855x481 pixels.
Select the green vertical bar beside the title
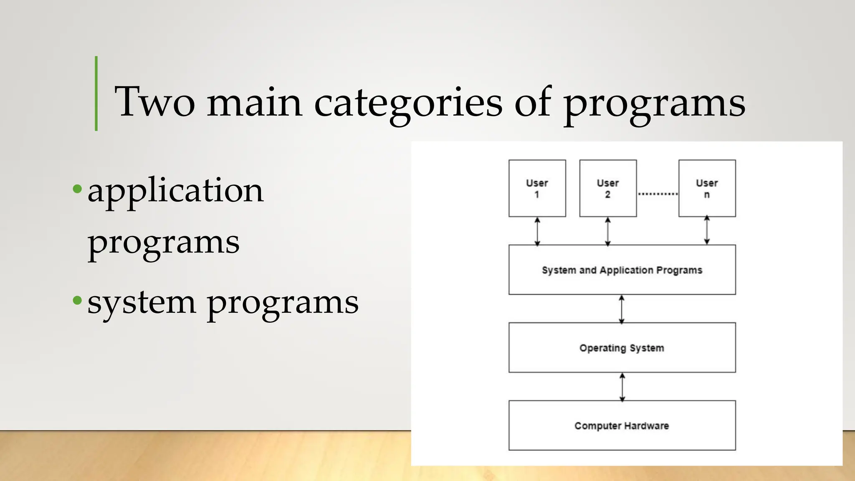pyautogui.click(x=96, y=94)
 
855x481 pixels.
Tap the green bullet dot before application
pyautogui.click(x=77, y=189)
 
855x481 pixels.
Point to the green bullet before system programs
pyautogui.click(x=77, y=300)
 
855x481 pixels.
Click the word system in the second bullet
pyautogui.click(x=141, y=303)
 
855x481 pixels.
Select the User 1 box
pyautogui.click(x=537, y=188)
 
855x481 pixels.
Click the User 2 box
pyautogui.click(x=608, y=188)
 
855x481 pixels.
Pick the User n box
pyautogui.click(x=707, y=188)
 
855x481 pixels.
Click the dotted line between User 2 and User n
pyautogui.click(x=658, y=194)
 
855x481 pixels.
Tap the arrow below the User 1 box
pyautogui.click(x=537, y=231)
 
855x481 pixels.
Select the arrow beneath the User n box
pyautogui.click(x=707, y=230)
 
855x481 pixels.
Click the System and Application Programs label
pyautogui.click(x=622, y=270)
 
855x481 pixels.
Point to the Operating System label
pyautogui.click(x=622, y=348)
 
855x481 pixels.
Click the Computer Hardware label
pyautogui.click(x=622, y=426)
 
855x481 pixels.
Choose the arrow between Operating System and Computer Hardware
pyautogui.click(x=622, y=387)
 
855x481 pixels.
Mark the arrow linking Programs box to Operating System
pyautogui.click(x=622, y=309)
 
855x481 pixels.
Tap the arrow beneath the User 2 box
pyautogui.click(x=608, y=231)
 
